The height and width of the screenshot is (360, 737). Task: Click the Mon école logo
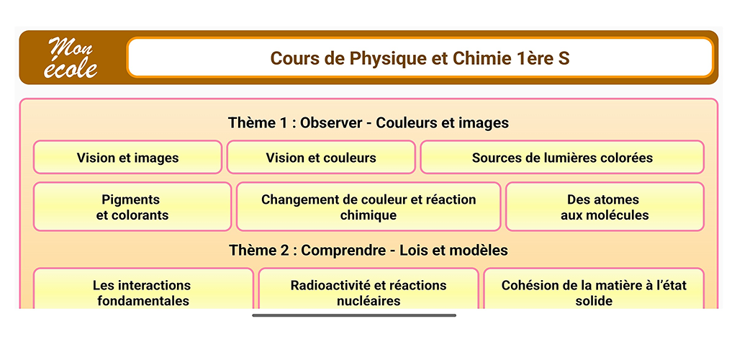70,58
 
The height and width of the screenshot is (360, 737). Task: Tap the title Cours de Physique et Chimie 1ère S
420,58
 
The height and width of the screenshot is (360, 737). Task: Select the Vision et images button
127,158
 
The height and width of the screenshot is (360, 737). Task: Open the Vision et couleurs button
321,158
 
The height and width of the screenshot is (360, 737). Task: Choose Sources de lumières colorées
562,158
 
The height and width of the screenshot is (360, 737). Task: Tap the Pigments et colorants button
132,207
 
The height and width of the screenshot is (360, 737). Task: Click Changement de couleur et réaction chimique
368,207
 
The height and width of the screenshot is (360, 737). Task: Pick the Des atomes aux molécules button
605,207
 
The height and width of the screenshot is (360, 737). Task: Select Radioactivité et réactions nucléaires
368,289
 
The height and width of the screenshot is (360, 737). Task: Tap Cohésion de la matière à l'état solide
594,289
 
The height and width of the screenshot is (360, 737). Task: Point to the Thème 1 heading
368,122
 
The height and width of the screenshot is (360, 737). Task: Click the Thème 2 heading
368,250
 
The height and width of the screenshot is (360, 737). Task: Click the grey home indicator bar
354,315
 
